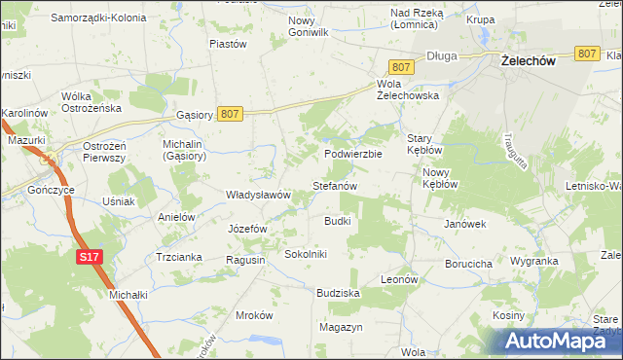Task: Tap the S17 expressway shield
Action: pos(89,257)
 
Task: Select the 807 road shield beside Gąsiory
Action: pos(230,114)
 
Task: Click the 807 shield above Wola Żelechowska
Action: pos(403,67)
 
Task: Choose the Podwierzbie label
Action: pos(353,154)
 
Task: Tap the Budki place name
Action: pos(337,221)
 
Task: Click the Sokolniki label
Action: pos(306,254)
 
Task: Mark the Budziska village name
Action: pos(339,292)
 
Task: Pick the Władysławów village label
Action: pos(259,195)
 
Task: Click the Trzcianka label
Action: pos(178,257)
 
